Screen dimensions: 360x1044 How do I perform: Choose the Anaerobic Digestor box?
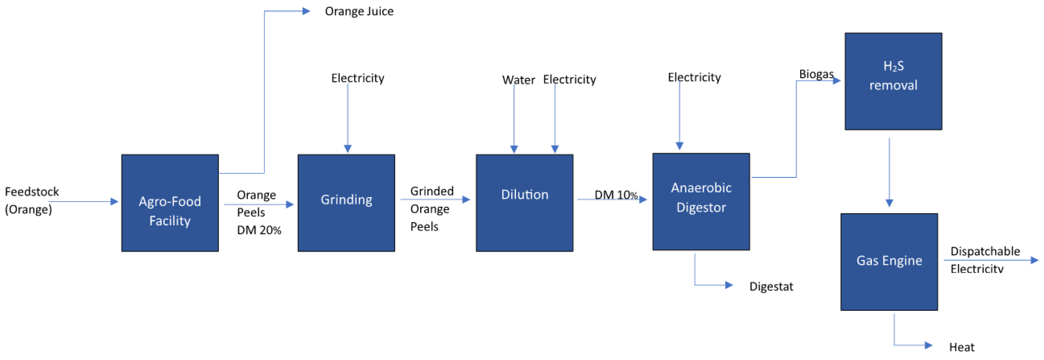click(x=701, y=201)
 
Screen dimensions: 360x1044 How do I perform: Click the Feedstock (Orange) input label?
click(x=32, y=200)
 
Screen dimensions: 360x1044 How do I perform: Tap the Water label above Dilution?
click(x=518, y=80)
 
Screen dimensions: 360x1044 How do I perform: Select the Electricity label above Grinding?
click(x=358, y=78)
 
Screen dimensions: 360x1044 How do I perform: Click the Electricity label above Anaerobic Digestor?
click(x=694, y=77)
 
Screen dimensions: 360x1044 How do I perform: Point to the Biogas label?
click(x=816, y=74)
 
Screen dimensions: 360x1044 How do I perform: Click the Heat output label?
click(x=961, y=347)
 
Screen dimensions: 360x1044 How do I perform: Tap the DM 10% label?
click(x=616, y=195)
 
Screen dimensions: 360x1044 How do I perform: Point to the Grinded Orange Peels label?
click(x=431, y=208)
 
